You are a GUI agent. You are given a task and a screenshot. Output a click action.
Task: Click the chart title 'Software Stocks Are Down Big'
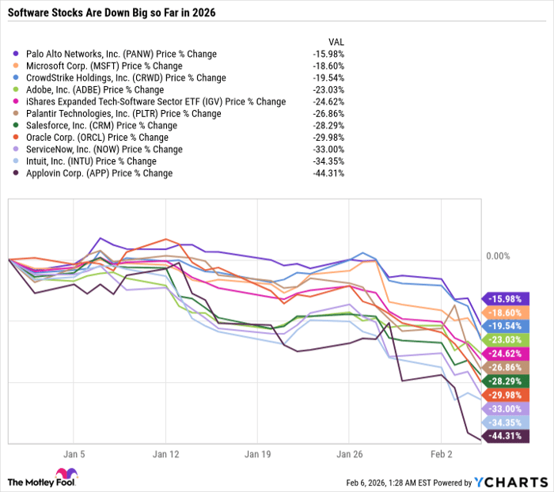click(111, 13)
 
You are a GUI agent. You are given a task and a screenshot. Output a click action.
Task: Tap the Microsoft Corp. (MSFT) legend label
click(104, 66)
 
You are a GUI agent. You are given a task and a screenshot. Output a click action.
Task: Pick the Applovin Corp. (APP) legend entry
click(98, 173)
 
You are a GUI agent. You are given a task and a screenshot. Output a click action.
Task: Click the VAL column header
click(336, 41)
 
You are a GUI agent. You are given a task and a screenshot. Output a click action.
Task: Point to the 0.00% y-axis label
click(497, 256)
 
